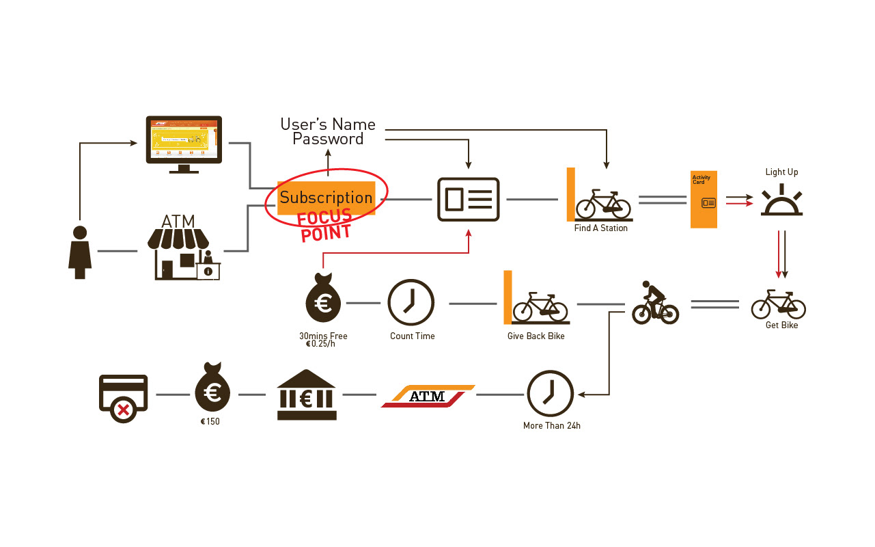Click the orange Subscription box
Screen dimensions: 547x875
(x=327, y=198)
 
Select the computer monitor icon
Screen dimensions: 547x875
(x=184, y=144)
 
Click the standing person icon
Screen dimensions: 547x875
(x=80, y=252)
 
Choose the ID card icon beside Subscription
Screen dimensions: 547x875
(x=469, y=200)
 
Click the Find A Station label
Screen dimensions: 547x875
(x=600, y=228)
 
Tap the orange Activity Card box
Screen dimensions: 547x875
(x=704, y=199)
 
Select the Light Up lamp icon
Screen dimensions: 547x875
(x=782, y=200)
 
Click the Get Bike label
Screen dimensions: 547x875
(x=781, y=325)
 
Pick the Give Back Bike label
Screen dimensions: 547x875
(x=536, y=336)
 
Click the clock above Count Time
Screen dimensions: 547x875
(x=411, y=302)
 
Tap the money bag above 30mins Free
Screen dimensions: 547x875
(x=323, y=300)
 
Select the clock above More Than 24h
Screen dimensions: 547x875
(x=550, y=394)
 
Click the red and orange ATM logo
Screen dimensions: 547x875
(x=428, y=396)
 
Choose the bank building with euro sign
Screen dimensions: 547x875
(x=307, y=395)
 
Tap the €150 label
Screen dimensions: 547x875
(x=210, y=422)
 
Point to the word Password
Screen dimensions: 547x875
(x=328, y=139)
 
